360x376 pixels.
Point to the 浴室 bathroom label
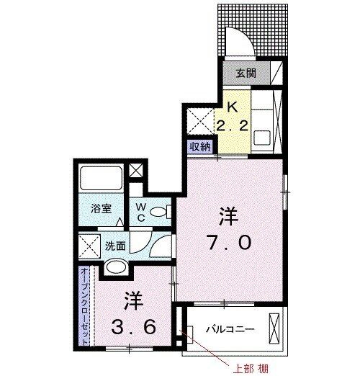100,208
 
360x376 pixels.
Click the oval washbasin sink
115,269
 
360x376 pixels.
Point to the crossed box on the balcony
274,329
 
